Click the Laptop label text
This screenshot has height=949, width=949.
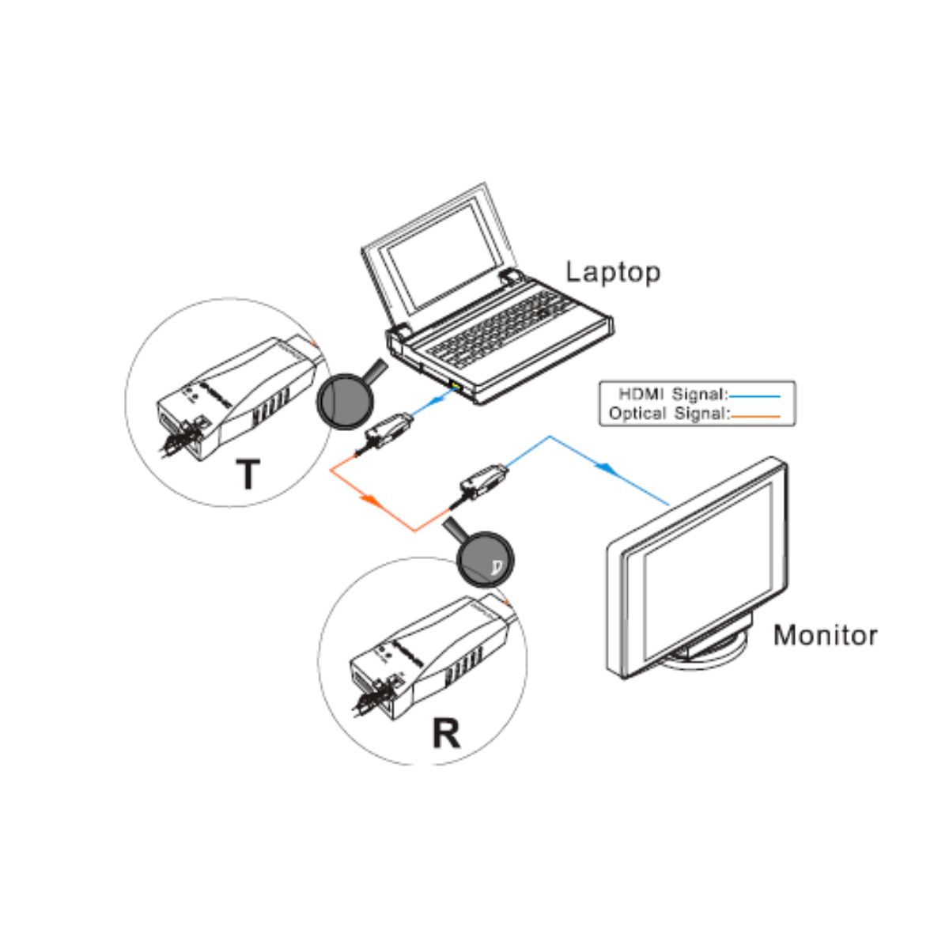pos(613,272)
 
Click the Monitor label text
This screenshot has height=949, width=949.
pos(825,635)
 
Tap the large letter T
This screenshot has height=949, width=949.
pos(248,474)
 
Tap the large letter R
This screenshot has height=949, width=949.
pos(446,733)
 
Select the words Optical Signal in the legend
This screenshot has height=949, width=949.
pos(667,413)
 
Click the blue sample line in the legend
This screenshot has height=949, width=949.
pos(754,395)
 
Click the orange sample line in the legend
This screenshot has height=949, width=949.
pos(754,414)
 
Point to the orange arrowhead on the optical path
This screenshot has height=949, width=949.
pos(369,501)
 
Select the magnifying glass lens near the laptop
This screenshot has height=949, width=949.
pos(342,400)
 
